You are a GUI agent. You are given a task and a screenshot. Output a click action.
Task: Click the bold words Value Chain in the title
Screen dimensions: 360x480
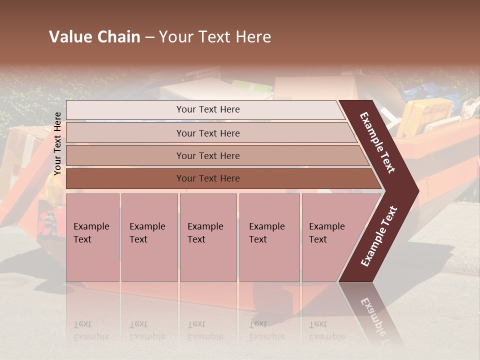(x=94, y=37)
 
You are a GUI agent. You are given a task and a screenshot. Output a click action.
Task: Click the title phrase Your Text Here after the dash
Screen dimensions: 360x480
(x=215, y=37)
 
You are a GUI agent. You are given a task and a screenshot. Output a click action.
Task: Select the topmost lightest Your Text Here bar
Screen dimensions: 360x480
(x=207, y=109)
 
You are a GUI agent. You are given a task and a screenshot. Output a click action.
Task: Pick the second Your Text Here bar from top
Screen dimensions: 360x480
(x=207, y=133)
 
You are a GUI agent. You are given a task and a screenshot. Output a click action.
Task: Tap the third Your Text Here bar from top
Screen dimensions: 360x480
(x=207, y=155)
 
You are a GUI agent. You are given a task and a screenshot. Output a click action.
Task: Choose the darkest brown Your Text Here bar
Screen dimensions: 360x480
(x=207, y=178)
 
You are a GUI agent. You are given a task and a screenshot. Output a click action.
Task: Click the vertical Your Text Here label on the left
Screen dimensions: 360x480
(x=57, y=143)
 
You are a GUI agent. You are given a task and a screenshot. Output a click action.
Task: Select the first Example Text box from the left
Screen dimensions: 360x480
(x=92, y=237)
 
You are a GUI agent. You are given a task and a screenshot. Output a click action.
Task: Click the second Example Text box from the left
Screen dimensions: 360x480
(x=149, y=237)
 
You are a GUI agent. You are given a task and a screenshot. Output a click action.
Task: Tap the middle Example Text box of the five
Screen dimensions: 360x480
(x=208, y=237)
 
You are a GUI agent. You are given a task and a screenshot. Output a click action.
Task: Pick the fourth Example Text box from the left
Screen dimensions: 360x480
(x=269, y=237)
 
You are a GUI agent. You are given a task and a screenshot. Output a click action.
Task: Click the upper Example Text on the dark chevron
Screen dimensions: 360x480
(x=377, y=142)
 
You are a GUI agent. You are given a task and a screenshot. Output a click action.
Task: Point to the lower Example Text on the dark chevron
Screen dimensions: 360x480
(x=378, y=236)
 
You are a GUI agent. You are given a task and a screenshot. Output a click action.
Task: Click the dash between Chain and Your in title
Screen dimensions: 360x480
(x=149, y=37)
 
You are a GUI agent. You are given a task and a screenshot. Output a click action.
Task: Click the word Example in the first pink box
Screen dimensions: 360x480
(x=91, y=226)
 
